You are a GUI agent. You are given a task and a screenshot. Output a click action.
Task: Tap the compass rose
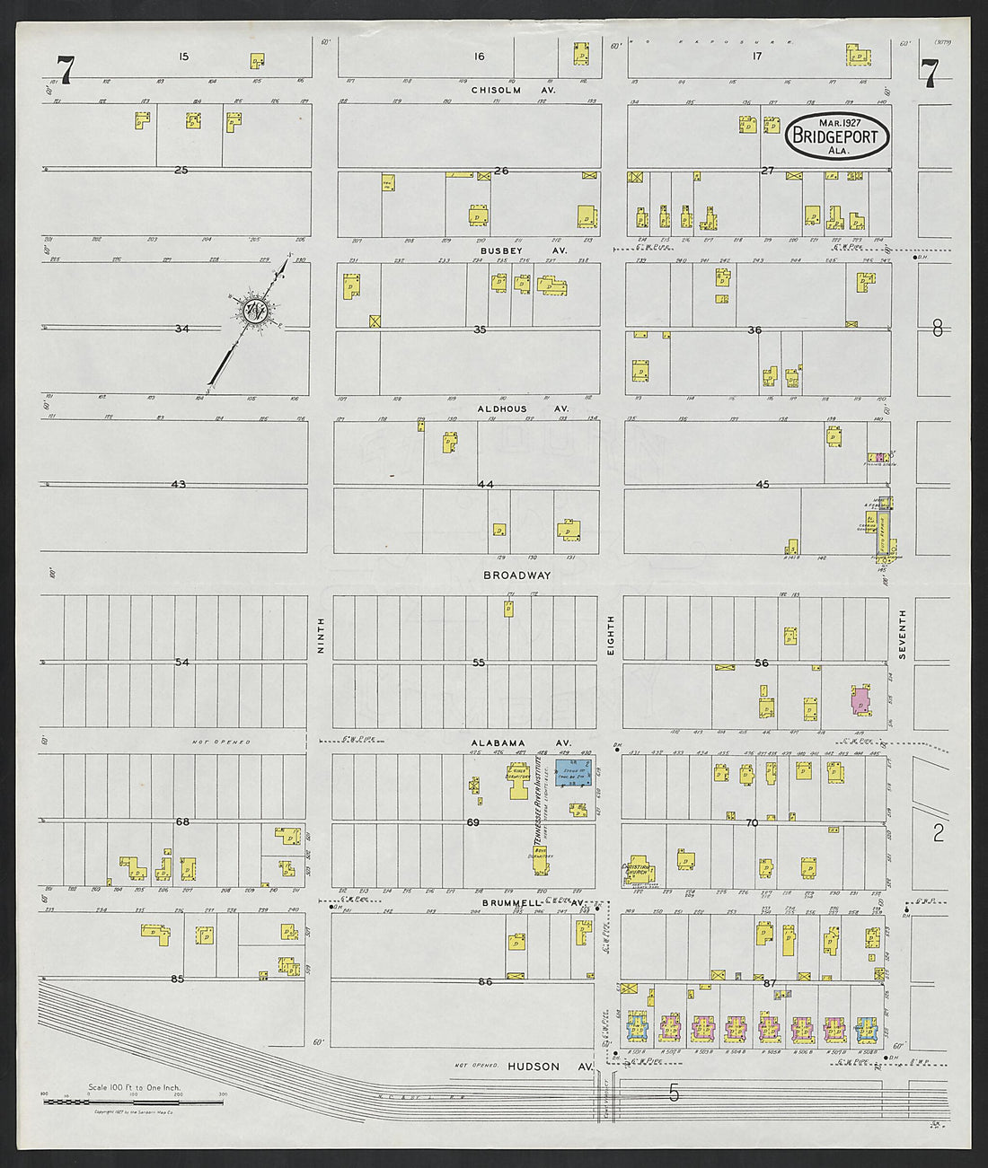252,311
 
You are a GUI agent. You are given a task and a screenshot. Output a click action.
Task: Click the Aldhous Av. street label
523,408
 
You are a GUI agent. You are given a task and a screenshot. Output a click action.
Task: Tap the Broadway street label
516,575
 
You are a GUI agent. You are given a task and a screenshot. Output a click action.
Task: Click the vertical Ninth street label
321,634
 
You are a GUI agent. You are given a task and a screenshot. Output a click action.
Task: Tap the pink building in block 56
860,700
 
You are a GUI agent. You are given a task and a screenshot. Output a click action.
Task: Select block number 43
179,485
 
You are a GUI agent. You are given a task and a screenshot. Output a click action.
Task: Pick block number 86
485,982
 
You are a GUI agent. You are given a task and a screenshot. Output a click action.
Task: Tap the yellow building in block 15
257,61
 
